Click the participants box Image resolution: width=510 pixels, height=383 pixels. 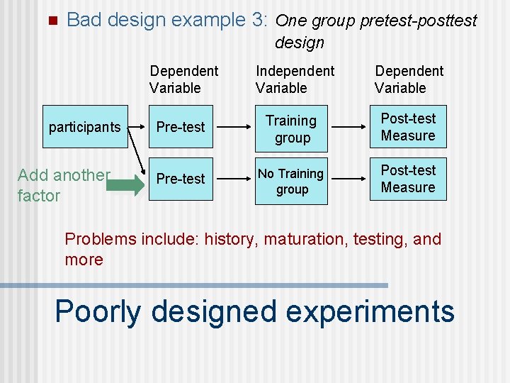84,128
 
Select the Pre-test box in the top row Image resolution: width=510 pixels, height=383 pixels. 181,128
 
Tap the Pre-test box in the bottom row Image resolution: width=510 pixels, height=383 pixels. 181,179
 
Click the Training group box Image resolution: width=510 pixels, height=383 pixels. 291,129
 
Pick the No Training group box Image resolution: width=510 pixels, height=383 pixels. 291,182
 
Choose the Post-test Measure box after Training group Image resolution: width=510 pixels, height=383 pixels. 408,127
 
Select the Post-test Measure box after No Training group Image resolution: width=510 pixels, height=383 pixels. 408,179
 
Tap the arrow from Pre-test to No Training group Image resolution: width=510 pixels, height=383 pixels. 233,179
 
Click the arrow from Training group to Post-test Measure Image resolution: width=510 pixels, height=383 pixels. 348,128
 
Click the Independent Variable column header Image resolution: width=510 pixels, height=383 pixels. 295,79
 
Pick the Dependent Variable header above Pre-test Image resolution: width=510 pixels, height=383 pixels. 184,79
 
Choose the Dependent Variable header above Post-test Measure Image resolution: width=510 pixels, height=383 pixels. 409,79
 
